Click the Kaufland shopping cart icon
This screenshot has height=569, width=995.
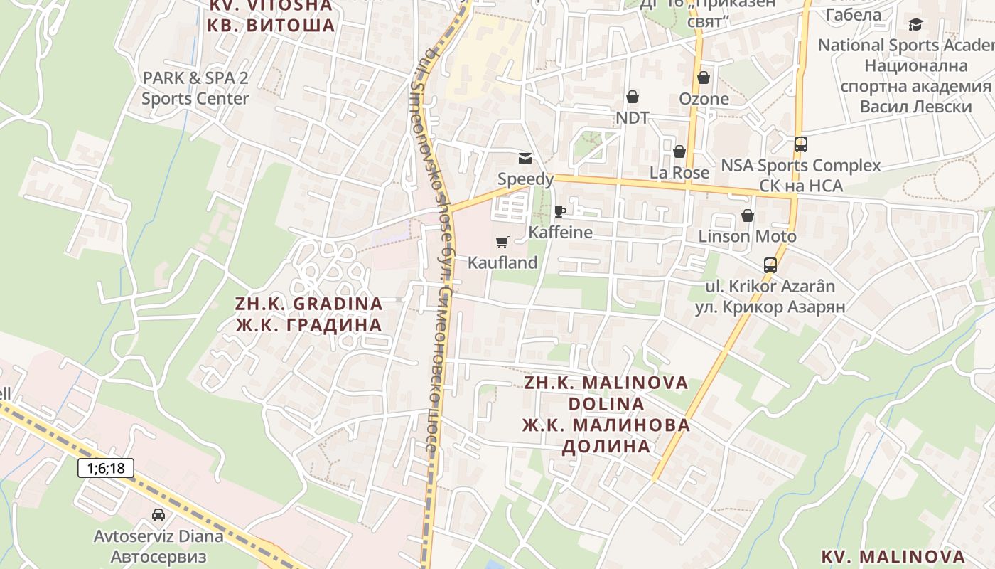502,243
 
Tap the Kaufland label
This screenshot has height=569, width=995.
502,262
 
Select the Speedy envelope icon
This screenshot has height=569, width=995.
525,158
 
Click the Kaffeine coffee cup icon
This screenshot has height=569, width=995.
560,211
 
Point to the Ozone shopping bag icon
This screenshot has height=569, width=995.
704,78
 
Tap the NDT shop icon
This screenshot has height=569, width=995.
632,97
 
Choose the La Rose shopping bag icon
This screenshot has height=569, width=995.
679,151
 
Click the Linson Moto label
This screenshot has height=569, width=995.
747,236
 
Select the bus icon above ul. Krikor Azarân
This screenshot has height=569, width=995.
770,265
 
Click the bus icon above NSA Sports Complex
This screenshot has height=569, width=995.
801,144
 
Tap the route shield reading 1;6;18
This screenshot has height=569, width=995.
106,468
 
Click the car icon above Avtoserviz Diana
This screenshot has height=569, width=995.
158,514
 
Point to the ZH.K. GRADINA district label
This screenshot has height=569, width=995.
308,304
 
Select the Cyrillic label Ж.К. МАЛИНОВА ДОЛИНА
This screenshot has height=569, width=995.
606,436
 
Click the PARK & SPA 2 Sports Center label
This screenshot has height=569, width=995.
195,88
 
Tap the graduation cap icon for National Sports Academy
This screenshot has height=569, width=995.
915,25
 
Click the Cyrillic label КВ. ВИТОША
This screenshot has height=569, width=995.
270,26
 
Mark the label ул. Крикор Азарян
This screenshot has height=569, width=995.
765,307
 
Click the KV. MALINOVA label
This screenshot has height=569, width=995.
893,556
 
